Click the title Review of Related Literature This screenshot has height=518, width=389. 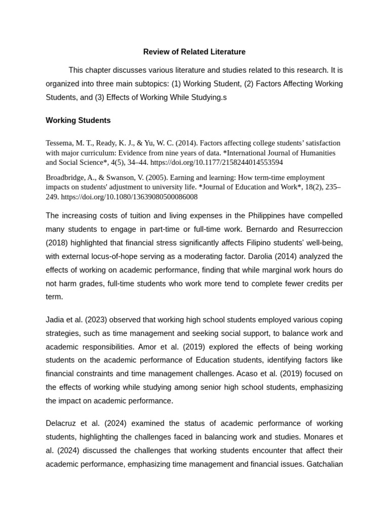tap(194, 52)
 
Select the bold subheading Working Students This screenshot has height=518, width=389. tap(78, 120)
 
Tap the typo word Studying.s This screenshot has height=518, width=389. tap(207, 97)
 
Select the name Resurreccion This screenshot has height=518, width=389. tap(320, 229)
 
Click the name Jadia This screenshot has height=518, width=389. tap(56, 320)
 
